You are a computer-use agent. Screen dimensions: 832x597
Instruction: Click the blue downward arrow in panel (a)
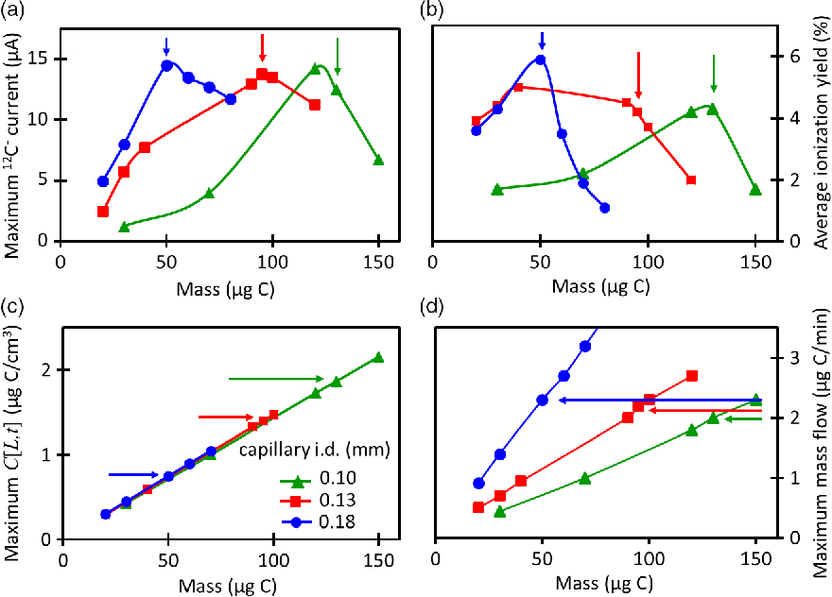(x=166, y=46)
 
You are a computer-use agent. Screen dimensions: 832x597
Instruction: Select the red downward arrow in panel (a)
(x=262, y=48)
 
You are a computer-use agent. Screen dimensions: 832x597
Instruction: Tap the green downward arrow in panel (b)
(x=714, y=73)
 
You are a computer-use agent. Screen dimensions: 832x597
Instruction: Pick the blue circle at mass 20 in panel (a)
(x=103, y=181)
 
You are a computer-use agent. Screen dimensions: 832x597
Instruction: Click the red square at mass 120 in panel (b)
(x=691, y=180)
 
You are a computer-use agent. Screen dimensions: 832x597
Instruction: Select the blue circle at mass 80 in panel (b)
(x=605, y=208)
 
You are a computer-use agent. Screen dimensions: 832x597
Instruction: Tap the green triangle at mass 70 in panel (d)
(x=584, y=478)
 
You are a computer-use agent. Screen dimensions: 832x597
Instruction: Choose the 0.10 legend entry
(x=318, y=479)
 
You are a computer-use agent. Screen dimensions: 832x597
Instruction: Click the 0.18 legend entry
(x=318, y=522)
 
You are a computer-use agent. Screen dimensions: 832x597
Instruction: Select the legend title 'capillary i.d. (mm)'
(x=315, y=451)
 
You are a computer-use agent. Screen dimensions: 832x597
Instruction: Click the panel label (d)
(x=430, y=308)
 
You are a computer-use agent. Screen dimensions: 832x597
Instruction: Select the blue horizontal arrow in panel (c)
(x=133, y=460)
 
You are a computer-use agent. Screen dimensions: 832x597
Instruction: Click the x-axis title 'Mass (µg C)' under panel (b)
(x=600, y=286)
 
